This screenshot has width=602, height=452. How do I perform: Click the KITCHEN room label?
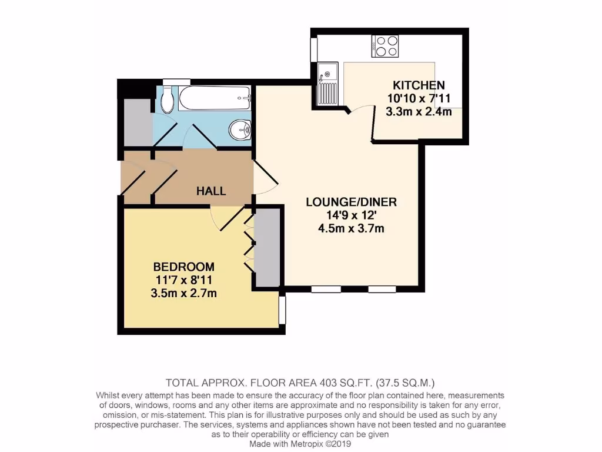coord(419,85)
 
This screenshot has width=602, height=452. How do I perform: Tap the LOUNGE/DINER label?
coord(352,202)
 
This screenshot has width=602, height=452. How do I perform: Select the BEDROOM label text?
coord(183,267)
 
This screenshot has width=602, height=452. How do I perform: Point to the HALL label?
coord(211,191)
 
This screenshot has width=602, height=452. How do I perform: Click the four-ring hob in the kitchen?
coord(385,46)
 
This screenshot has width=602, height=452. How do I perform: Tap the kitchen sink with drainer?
coord(327,84)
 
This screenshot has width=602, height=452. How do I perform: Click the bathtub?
coord(215,98)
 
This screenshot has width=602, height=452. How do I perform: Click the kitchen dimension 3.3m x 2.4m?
coord(419,111)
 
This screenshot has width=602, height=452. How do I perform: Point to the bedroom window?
coord(282,310)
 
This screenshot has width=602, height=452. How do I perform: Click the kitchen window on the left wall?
coord(314,49)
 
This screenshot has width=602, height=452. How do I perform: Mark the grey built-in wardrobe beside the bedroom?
coord(266,247)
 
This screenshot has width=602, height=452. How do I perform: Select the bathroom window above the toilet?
coord(176,82)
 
